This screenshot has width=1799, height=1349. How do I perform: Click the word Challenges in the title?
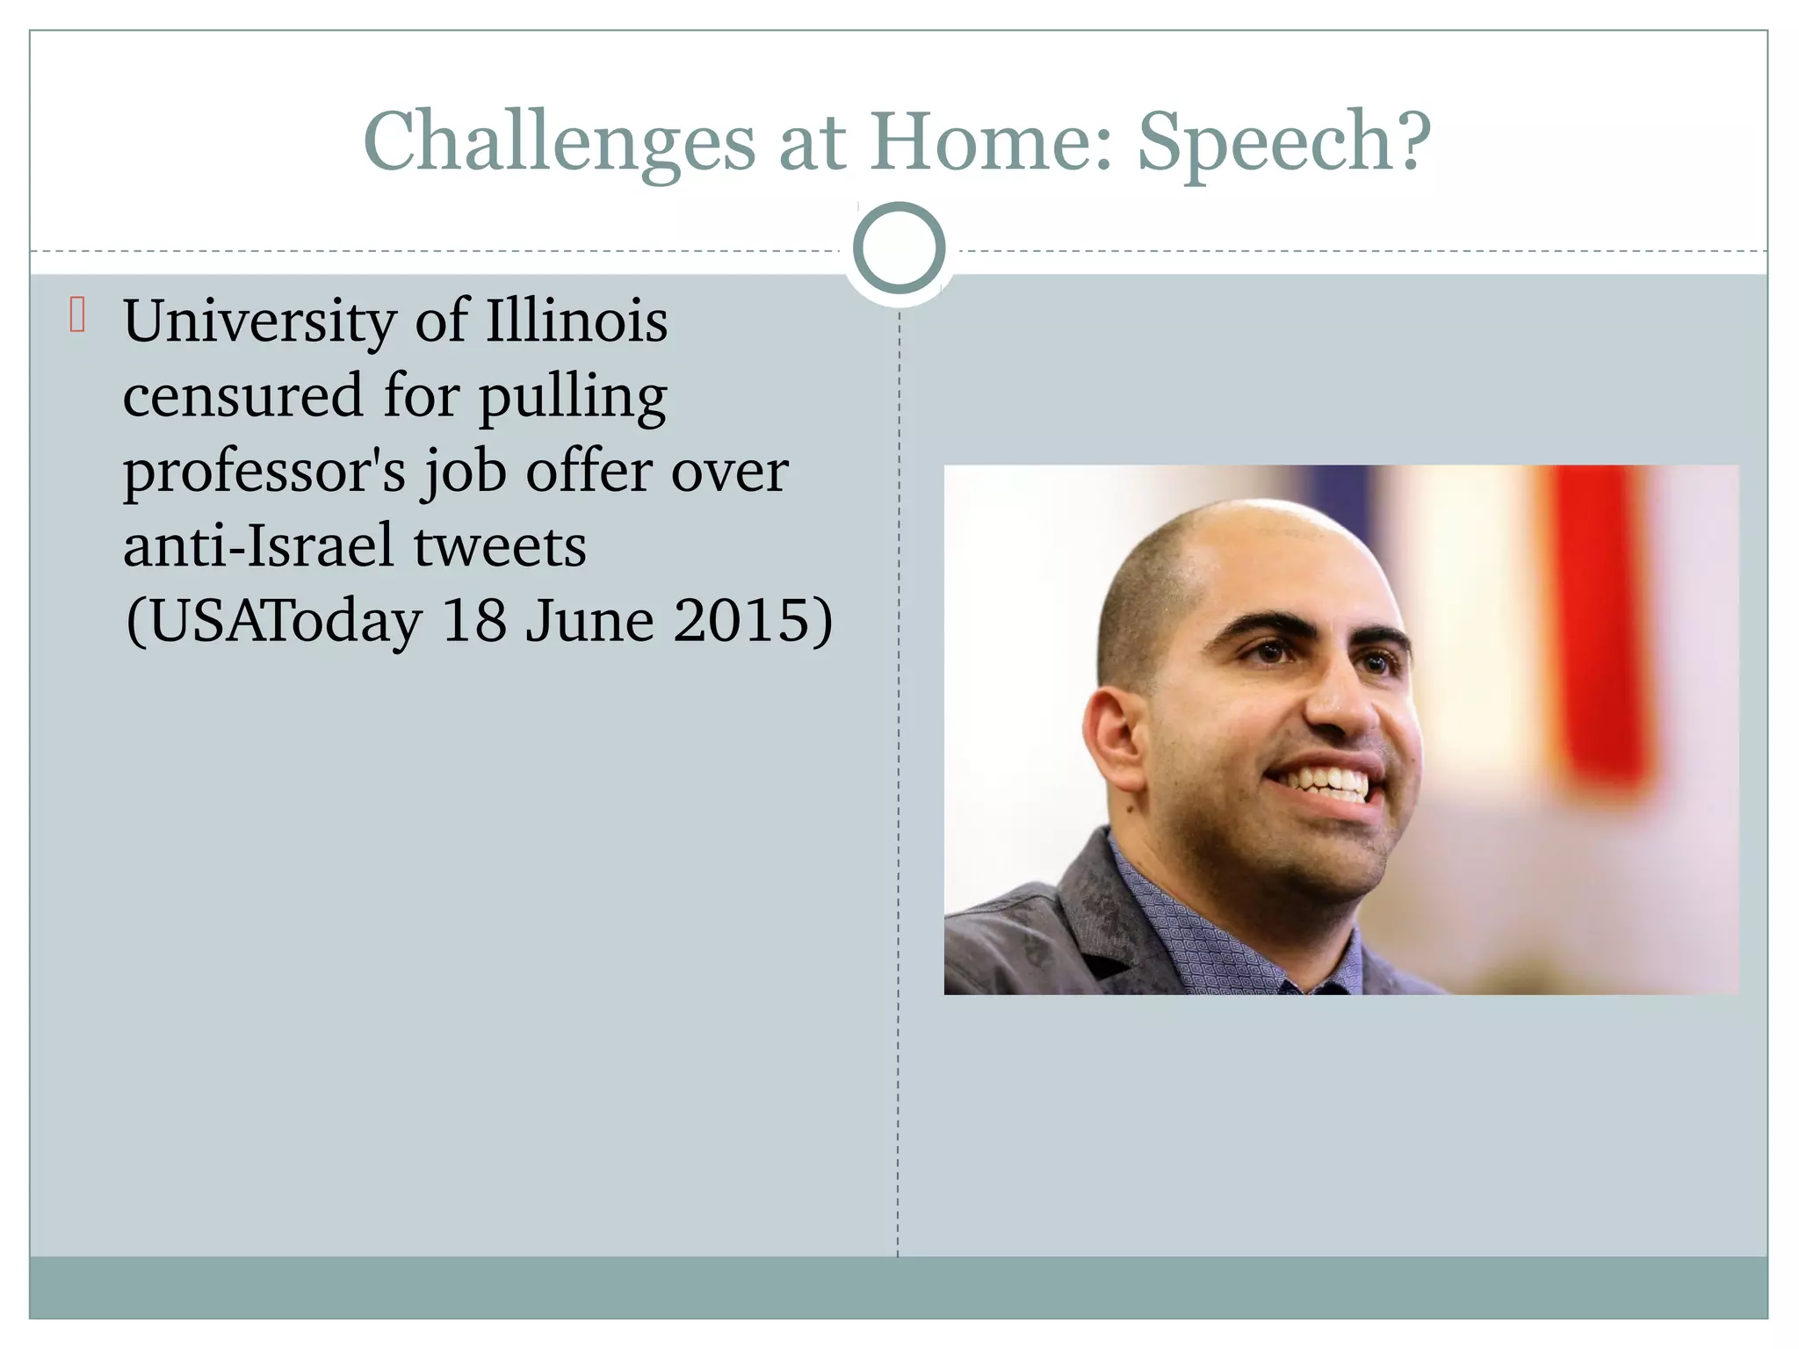coord(559,142)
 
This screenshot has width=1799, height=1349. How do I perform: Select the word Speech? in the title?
coord(1284,142)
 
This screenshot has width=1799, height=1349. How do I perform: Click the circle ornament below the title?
coord(899,249)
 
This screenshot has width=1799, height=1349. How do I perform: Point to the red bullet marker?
coord(77,315)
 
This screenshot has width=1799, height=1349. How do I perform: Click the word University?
coord(260,321)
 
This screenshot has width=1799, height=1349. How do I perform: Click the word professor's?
coord(264,472)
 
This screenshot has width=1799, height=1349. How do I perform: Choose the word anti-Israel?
coord(258,546)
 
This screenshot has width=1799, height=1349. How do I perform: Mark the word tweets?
coord(499,547)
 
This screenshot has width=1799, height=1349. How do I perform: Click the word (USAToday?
coord(274,622)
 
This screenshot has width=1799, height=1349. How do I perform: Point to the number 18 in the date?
coord(474,621)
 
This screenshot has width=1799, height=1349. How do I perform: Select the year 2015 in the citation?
coord(752,621)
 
